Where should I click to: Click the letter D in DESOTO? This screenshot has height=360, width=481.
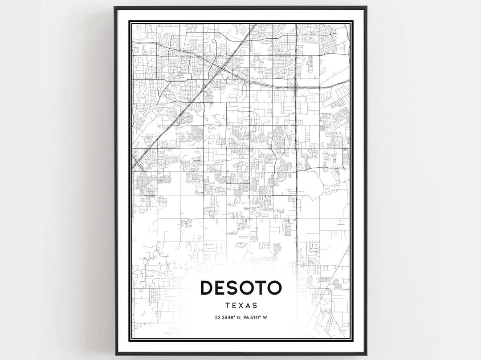click(x=208, y=287)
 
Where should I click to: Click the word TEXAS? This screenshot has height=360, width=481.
click(x=241, y=306)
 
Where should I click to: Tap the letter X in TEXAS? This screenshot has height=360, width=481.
click(x=241, y=306)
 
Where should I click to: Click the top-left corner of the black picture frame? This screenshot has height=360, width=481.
click(x=114, y=7)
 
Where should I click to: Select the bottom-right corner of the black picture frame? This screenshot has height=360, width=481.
click(x=367, y=355)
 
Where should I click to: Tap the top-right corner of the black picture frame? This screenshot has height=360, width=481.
click(x=367, y=7)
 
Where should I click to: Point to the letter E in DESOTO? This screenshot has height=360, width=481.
click(x=221, y=287)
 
